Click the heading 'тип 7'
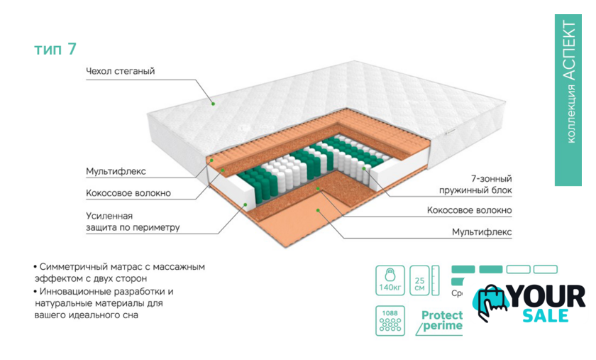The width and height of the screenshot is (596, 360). [x=55, y=49]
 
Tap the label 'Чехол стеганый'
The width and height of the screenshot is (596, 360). [x=120, y=71]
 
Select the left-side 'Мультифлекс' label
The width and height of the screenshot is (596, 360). [x=116, y=171]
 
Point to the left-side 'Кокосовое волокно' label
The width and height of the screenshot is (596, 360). [x=128, y=192]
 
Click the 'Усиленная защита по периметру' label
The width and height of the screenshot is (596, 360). [x=132, y=222]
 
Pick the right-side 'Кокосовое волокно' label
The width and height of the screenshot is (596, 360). [x=469, y=210]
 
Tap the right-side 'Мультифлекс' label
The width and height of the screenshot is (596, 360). [x=482, y=231]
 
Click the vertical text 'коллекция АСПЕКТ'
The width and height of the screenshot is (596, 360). [x=568, y=82]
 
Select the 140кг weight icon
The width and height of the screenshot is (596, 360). [x=389, y=281]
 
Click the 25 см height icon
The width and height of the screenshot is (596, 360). [x=419, y=281]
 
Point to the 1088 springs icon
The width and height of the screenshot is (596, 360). [x=389, y=321]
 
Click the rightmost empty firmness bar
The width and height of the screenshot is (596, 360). [x=545, y=269]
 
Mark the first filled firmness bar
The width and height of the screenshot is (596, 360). [x=463, y=269]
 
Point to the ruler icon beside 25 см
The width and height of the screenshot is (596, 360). [x=436, y=281]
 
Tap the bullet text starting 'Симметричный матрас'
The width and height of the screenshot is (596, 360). [x=121, y=273]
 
